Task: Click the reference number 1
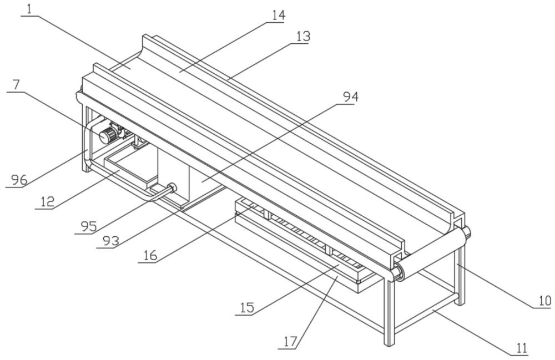coord(29,9)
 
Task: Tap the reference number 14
coord(279,15)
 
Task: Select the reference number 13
coord(304,37)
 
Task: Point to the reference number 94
coord(351,97)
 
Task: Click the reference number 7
coord(16,85)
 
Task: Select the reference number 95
coord(88,226)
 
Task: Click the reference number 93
coord(111,241)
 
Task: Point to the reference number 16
coord(150,255)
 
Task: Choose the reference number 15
coord(247,307)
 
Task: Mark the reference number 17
coord(290,342)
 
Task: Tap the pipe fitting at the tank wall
coord(171,187)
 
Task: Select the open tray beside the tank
coord(130,170)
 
